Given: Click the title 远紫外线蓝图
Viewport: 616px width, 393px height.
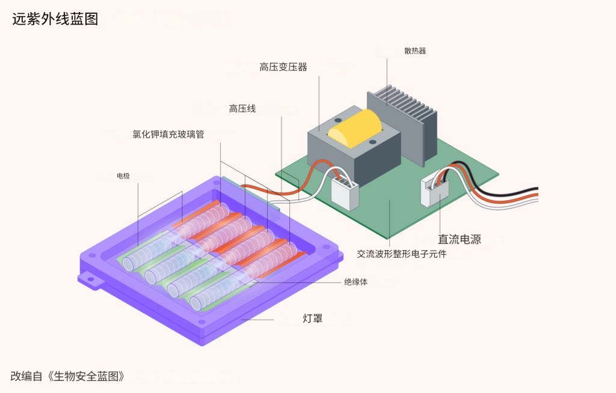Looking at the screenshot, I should pyautogui.click(x=55, y=19).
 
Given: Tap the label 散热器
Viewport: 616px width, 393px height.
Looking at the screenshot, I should pyautogui.click(x=415, y=51).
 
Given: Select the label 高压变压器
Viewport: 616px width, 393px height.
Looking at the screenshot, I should pyautogui.click(x=283, y=67).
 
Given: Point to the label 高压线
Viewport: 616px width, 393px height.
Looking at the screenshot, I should pyautogui.click(x=242, y=109).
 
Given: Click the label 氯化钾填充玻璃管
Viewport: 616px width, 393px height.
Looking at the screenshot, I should pyautogui.click(x=168, y=135).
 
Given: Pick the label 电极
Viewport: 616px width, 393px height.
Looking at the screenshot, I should pyautogui.click(x=123, y=176).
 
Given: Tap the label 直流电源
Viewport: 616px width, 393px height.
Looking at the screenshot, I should pyautogui.click(x=460, y=239).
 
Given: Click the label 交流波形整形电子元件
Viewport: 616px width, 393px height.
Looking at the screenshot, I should pyautogui.click(x=402, y=254).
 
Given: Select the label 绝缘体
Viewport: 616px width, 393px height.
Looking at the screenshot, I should pyautogui.click(x=356, y=282).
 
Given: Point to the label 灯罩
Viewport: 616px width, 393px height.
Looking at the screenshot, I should pyautogui.click(x=312, y=318).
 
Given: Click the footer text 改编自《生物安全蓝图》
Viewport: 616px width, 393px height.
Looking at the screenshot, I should pyautogui.click(x=68, y=377).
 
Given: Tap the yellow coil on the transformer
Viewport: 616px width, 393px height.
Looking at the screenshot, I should pyautogui.click(x=355, y=128).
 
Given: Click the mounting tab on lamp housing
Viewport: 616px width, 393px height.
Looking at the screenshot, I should pyautogui.click(x=90, y=279).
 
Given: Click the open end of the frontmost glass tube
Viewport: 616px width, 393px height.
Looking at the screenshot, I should pyautogui.click(x=198, y=302).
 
